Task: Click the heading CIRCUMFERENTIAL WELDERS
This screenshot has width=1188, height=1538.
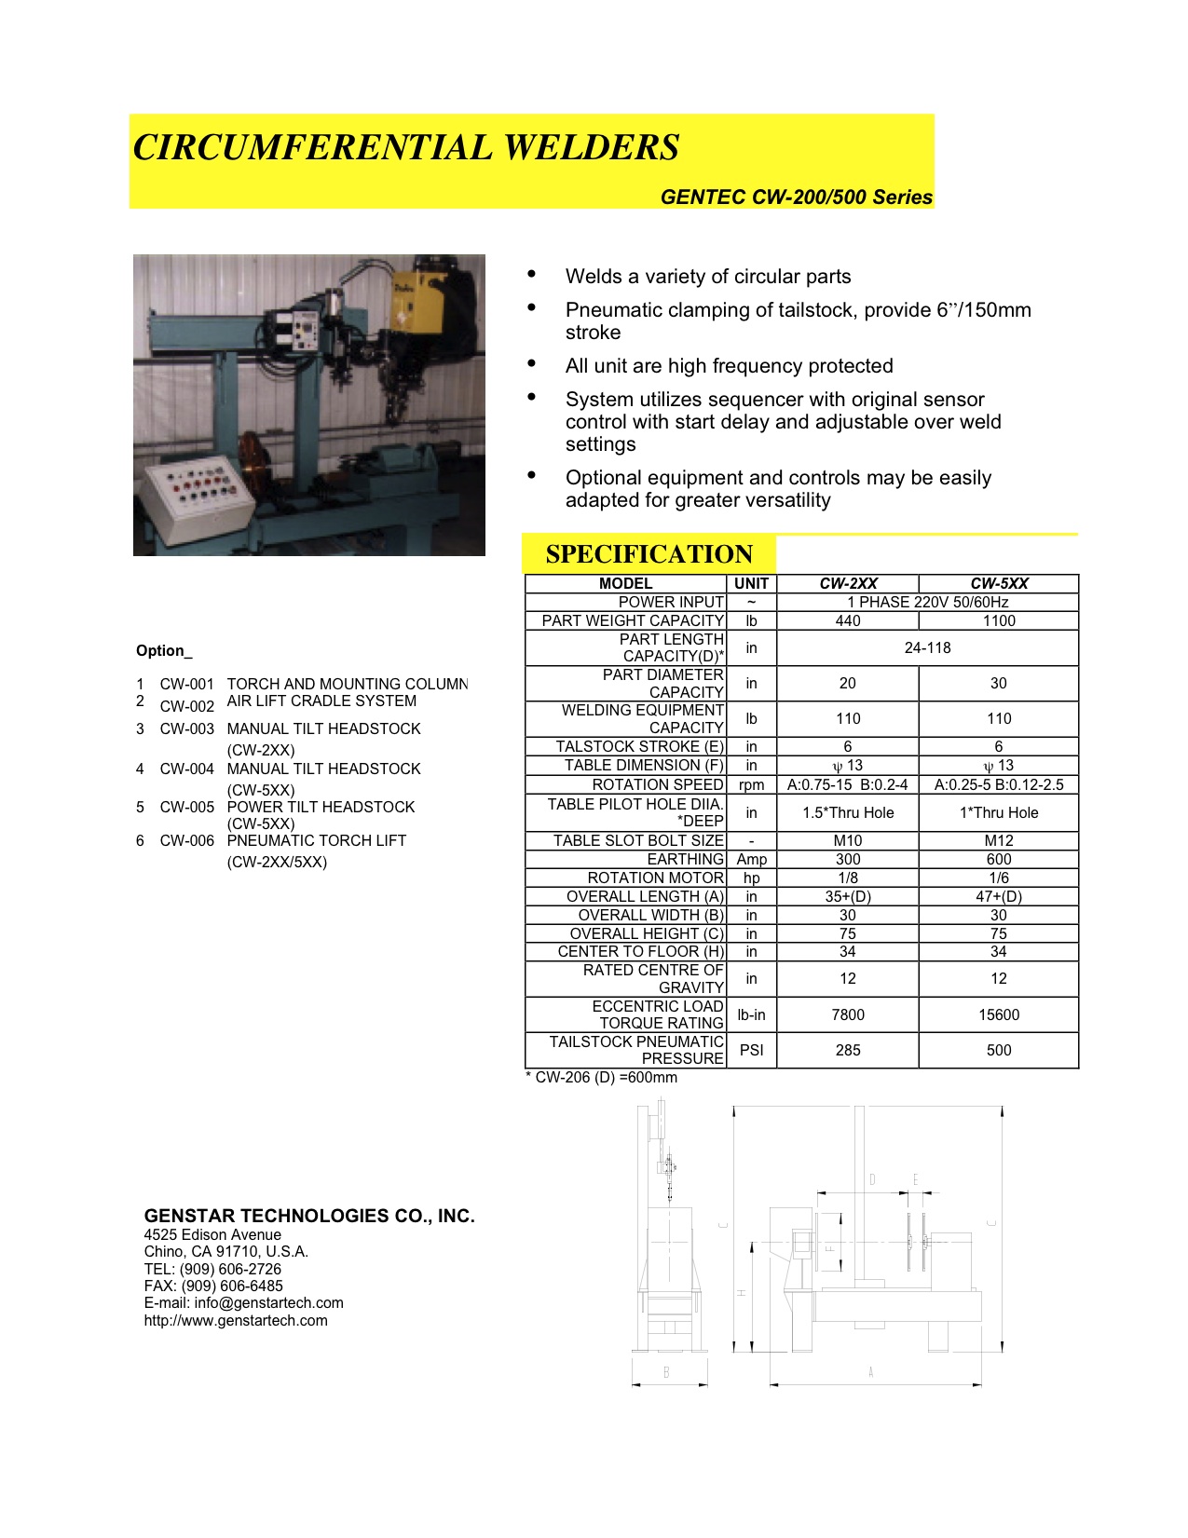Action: (x=406, y=148)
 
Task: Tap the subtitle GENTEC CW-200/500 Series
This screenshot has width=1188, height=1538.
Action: (x=796, y=197)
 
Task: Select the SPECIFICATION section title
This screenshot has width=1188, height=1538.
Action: (x=649, y=554)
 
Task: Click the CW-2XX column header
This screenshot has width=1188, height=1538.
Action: (x=848, y=583)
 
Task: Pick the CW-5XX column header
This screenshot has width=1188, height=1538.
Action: (x=999, y=583)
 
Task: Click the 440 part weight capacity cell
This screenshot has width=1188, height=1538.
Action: (x=848, y=620)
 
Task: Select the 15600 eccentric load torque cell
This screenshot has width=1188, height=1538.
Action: (x=999, y=1014)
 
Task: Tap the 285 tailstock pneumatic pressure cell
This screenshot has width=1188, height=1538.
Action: (x=848, y=1050)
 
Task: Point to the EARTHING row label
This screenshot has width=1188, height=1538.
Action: (x=685, y=859)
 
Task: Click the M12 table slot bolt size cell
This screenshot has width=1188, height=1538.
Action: (x=999, y=840)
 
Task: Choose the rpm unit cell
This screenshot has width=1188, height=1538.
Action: (x=751, y=784)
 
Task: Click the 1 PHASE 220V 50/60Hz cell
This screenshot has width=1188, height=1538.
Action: (x=927, y=602)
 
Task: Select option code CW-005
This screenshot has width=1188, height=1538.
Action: (x=186, y=807)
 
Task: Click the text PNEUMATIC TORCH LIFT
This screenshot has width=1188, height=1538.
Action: (x=317, y=840)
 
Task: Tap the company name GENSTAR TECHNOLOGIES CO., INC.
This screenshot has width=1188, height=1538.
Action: (x=309, y=1216)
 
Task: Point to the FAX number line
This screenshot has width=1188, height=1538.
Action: (x=213, y=1286)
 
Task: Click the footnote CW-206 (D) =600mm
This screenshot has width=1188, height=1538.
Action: (x=602, y=1078)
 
